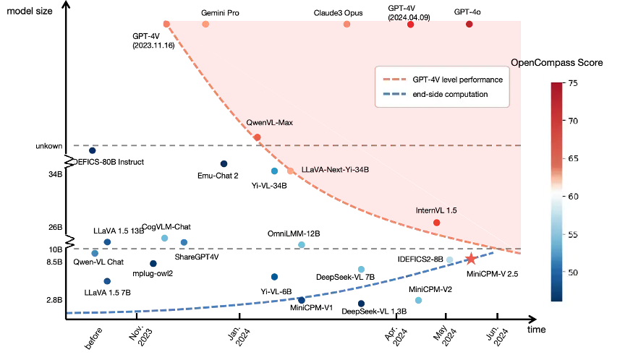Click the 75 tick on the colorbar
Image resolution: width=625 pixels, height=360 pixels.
coord(571,83)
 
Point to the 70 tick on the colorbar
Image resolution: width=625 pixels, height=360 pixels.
coord(571,121)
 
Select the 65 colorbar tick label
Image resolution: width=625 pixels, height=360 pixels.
coord(571,158)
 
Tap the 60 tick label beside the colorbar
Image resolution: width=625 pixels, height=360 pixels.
coord(571,197)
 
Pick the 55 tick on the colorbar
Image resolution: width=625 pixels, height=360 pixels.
coord(571,235)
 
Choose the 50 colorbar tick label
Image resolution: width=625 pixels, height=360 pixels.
coord(571,273)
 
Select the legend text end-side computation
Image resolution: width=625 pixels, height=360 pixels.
coord(446,95)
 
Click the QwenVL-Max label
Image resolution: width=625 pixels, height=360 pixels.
coord(269,122)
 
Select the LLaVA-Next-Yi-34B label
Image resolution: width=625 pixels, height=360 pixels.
coord(335,171)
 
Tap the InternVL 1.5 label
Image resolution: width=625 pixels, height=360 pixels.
coord(436,210)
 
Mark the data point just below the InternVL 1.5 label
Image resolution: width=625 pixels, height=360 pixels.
coord(437,223)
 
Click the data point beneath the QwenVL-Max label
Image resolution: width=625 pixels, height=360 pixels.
coord(258,137)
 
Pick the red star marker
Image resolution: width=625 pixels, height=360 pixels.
coord(472,258)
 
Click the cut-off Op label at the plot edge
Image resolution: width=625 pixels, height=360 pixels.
coord(516,63)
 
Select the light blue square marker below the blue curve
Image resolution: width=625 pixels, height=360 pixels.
coord(417,300)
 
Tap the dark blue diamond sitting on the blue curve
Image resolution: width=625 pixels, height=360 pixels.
coord(302,300)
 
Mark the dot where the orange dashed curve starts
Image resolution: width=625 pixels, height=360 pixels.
coord(166,24)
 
